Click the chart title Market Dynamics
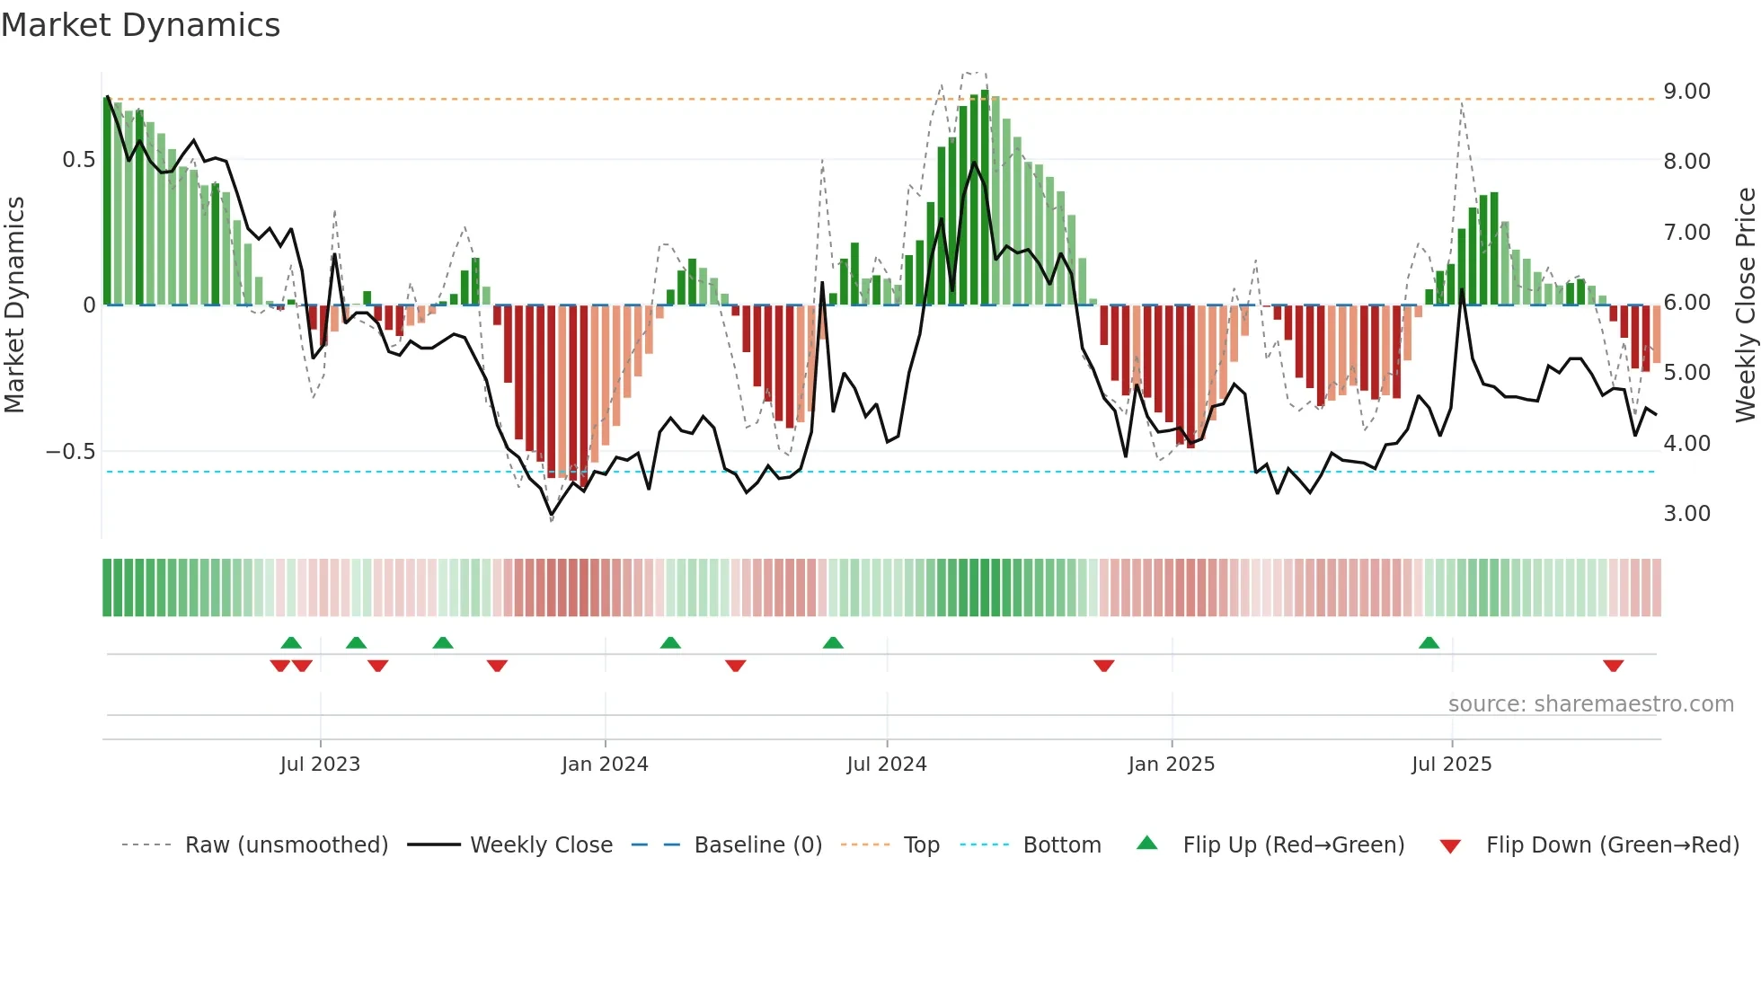(140, 25)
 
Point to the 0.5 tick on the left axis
(78, 160)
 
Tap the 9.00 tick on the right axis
(1686, 92)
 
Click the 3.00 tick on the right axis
(1686, 514)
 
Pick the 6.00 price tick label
(1686, 303)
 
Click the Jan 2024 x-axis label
(605, 765)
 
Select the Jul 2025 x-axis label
(1451, 765)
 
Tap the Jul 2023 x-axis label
(320, 765)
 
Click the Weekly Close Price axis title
(1745, 305)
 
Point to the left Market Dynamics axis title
(14, 305)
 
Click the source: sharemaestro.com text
(1590, 704)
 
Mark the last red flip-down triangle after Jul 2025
(1613, 666)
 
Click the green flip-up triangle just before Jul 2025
(1429, 642)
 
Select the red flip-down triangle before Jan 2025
(1103, 666)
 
